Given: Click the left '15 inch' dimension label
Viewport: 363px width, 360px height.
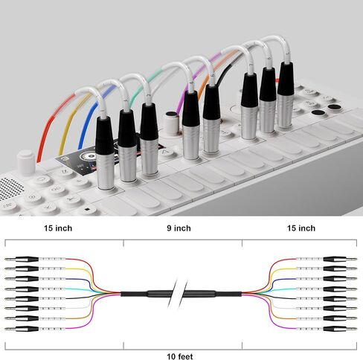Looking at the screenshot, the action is [58, 228].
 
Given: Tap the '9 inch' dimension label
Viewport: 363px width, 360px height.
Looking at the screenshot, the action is [179, 228].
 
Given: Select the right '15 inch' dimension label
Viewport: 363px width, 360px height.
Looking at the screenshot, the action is [301, 228].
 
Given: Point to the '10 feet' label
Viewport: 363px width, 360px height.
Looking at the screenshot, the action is [180, 356].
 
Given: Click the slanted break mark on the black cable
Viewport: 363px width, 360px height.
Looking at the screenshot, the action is [178, 294].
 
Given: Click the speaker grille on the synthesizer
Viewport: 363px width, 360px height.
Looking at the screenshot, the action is [9, 187].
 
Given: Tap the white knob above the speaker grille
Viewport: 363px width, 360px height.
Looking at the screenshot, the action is [26, 162].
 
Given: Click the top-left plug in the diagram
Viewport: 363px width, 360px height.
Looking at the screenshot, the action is [22, 260].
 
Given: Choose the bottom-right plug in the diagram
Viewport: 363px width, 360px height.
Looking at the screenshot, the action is [340, 329].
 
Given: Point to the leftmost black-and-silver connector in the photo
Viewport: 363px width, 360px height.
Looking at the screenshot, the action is [105, 152].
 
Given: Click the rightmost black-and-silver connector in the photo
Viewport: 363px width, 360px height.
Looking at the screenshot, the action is [286, 94].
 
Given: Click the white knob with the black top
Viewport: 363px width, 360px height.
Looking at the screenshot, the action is [172, 123].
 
